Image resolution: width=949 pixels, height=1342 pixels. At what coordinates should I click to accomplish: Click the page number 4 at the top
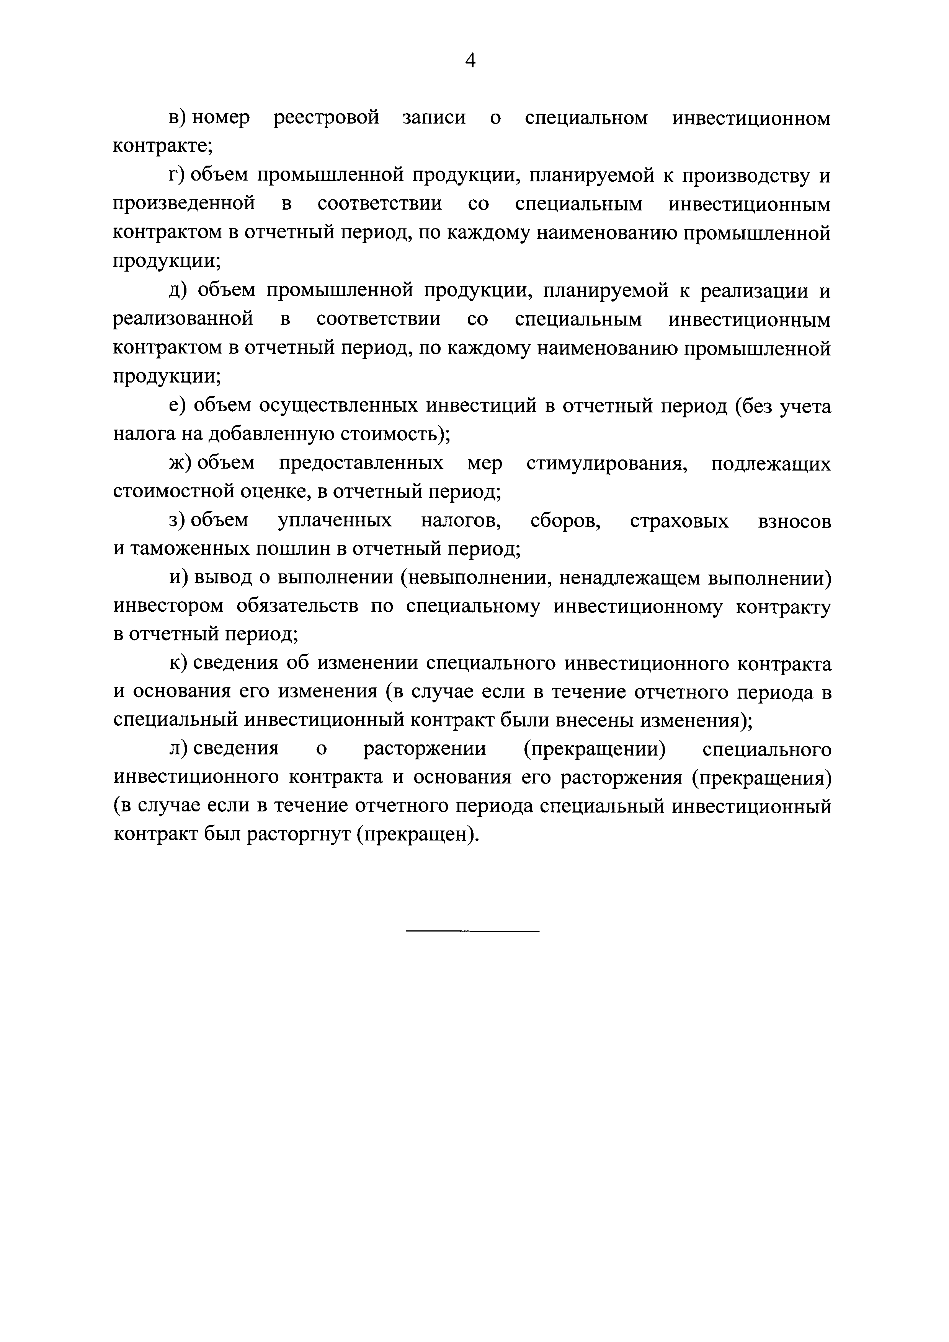coord(471,61)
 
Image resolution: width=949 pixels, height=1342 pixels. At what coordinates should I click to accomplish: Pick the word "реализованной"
coord(183,319)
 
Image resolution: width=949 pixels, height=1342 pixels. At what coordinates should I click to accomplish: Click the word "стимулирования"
coord(606,463)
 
